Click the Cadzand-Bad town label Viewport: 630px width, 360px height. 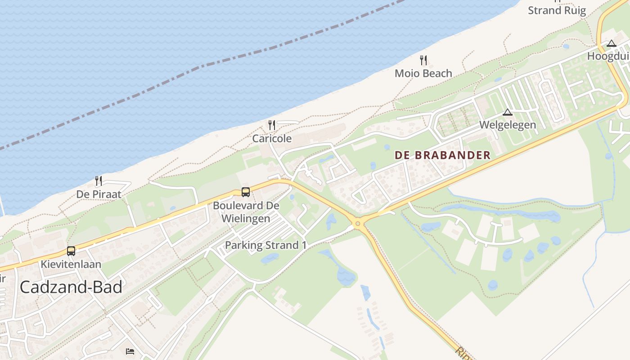[71, 287]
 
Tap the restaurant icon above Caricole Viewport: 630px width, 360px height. [272, 125]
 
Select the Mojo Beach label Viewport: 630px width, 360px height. [423, 73]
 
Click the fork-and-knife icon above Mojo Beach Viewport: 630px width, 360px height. [423, 60]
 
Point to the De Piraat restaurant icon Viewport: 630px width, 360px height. [99, 181]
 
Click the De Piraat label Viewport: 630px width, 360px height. [99, 194]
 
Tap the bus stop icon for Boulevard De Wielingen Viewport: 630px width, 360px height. [246, 192]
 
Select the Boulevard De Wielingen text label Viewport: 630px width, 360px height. [246, 212]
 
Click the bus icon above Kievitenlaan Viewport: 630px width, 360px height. [71, 251]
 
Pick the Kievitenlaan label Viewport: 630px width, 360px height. [71, 264]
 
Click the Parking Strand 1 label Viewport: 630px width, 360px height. [265, 245]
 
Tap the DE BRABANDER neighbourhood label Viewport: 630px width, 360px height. [442, 155]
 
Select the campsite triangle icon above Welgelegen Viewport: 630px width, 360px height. [508, 112]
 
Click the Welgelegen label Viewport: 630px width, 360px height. [508, 125]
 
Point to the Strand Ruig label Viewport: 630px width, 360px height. [557, 10]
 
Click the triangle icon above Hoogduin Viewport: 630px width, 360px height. [611, 44]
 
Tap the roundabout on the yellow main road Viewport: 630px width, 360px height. [358, 223]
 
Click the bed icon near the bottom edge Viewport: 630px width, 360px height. [130, 351]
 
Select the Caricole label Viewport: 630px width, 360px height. [272, 139]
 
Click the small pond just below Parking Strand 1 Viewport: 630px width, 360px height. [270, 258]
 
